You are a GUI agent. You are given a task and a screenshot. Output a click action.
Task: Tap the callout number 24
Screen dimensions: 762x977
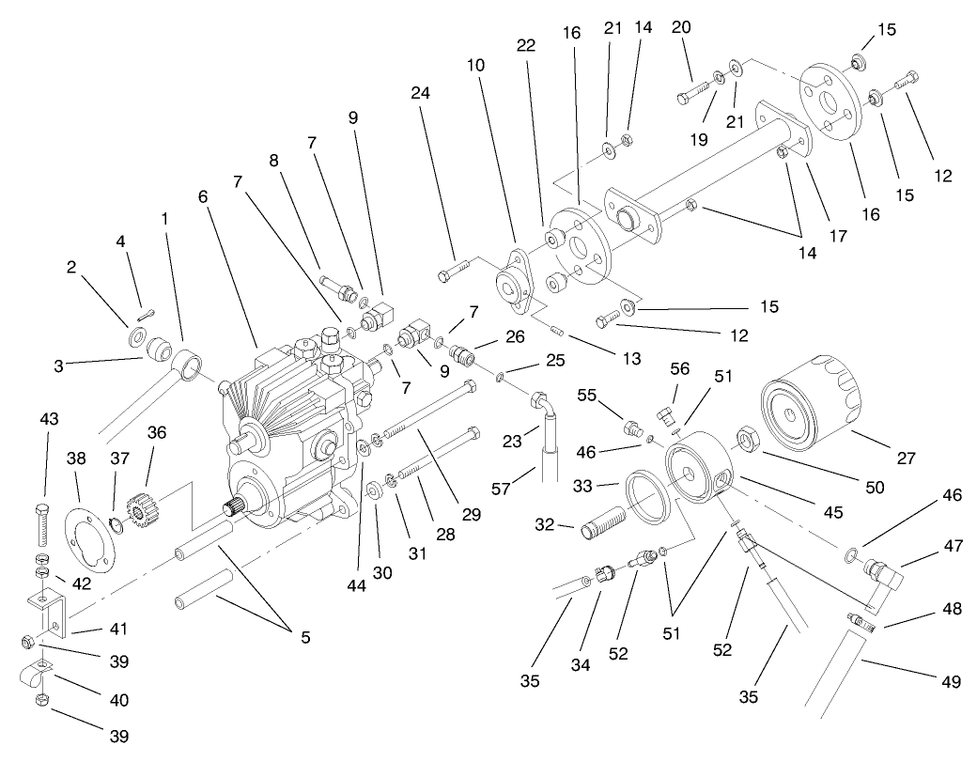tap(420, 94)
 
